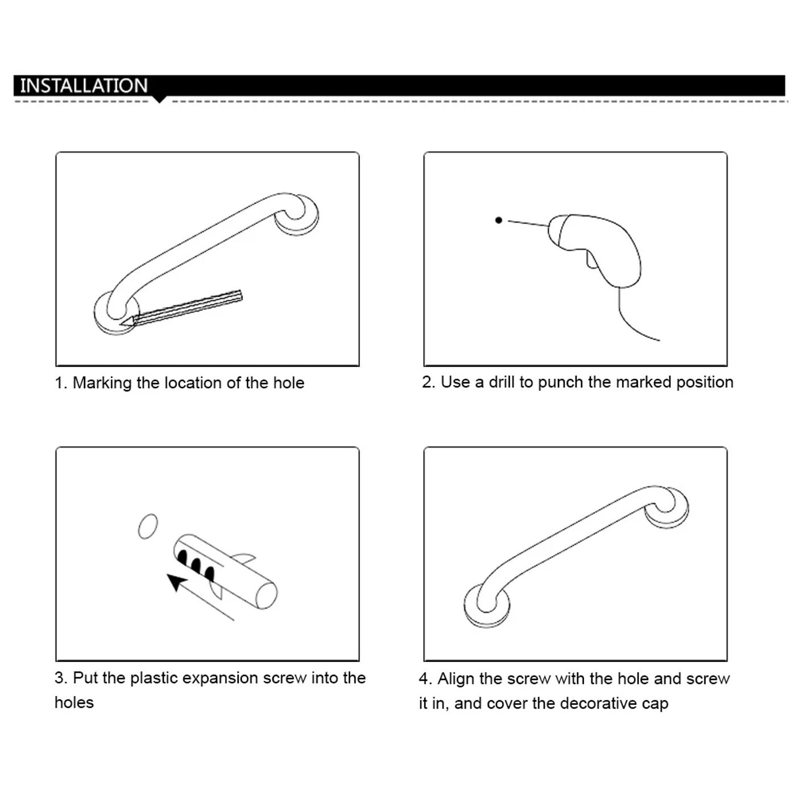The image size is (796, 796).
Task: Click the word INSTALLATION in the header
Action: [x=84, y=86]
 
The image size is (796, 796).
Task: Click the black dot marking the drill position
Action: [x=499, y=220]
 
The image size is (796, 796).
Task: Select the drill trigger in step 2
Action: [x=592, y=260]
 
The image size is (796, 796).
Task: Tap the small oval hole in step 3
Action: [x=148, y=526]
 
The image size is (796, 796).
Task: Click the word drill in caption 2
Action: [x=501, y=382]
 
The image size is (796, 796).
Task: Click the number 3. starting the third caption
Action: [x=61, y=678]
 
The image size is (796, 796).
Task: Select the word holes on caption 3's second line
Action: [x=74, y=703]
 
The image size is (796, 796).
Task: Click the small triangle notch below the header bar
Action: [x=160, y=100]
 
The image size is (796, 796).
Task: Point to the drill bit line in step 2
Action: [x=528, y=223]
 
